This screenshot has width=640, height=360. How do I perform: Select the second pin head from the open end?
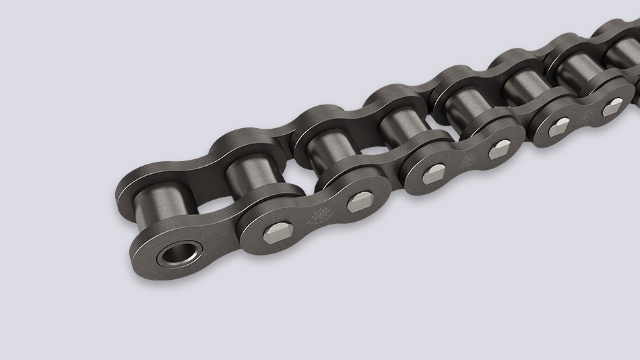tap(360, 201)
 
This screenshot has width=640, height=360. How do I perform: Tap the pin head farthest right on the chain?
tap(614, 105)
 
